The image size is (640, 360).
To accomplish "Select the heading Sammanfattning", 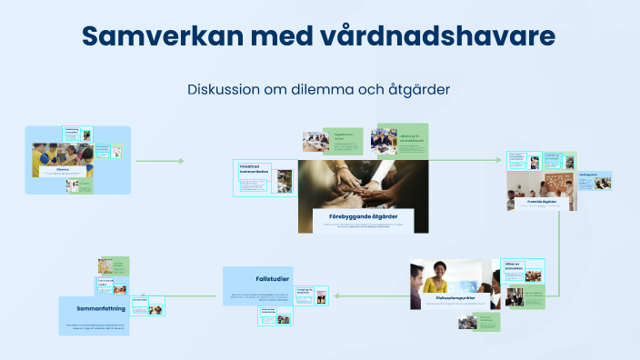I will (x=95, y=309).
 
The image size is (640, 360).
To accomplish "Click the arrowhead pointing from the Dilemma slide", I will (x=181, y=161).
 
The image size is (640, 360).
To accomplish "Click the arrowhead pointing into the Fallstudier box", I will (x=335, y=295).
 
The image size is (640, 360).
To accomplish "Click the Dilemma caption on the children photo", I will (x=62, y=170).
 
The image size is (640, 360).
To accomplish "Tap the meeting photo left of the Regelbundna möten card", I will (x=315, y=141).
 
